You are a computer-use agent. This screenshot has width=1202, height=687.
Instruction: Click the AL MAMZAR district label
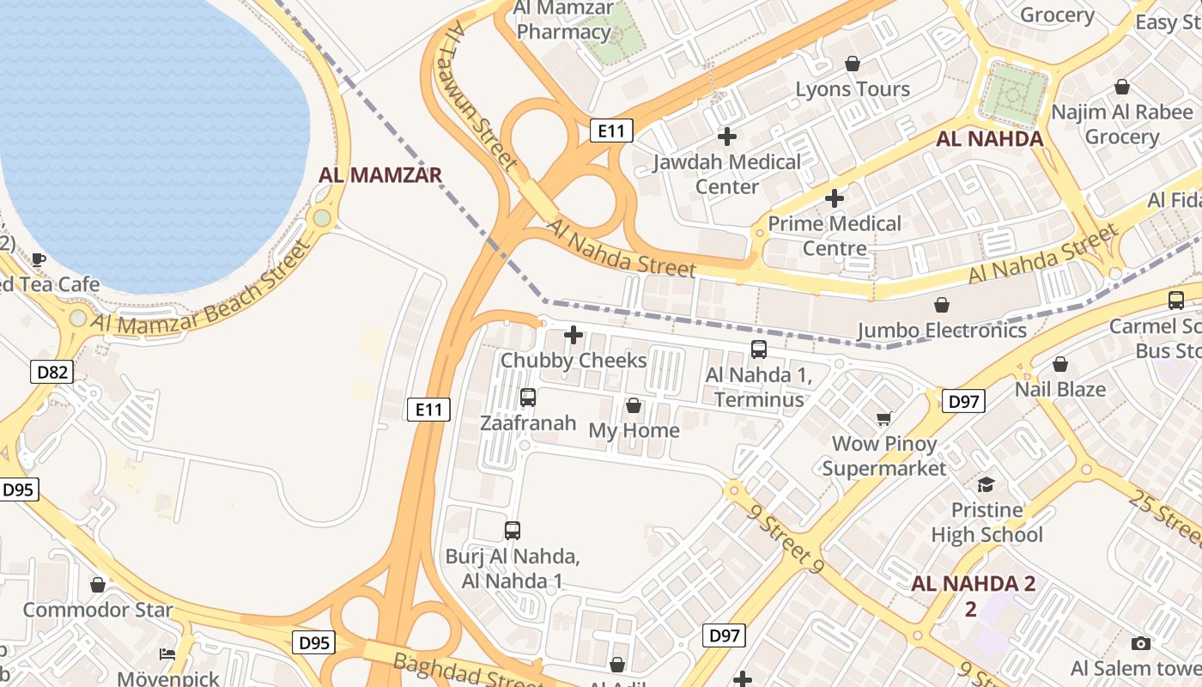click(380, 175)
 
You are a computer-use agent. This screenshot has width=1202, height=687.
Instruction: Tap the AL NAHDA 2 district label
click(973, 585)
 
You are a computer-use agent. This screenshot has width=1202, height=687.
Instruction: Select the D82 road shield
click(52, 372)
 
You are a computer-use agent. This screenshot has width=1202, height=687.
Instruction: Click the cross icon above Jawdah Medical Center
click(727, 137)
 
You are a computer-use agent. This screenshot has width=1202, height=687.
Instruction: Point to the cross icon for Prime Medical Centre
click(834, 199)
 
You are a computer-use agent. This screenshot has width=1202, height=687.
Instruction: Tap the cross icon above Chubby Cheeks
click(574, 335)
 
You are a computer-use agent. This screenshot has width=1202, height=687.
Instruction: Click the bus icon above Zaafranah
click(528, 398)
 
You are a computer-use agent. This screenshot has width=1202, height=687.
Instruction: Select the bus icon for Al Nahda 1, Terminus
click(759, 350)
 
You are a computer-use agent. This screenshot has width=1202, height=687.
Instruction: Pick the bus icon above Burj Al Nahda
click(513, 531)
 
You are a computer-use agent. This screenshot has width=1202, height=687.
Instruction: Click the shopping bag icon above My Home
click(634, 405)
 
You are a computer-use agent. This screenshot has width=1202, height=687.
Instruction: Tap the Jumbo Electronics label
click(942, 330)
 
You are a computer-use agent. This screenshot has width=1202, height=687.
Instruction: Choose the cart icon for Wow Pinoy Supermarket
click(883, 419)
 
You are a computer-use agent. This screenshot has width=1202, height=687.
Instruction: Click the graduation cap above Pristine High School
click(986, 484)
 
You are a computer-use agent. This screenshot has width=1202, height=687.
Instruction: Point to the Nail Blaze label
click(1059, 389)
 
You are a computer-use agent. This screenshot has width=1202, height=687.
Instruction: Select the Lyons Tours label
click(853, 89)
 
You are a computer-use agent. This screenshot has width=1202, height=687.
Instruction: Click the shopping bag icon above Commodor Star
click(98, 585)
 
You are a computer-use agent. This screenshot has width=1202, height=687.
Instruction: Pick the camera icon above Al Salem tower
click(1140, 643)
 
